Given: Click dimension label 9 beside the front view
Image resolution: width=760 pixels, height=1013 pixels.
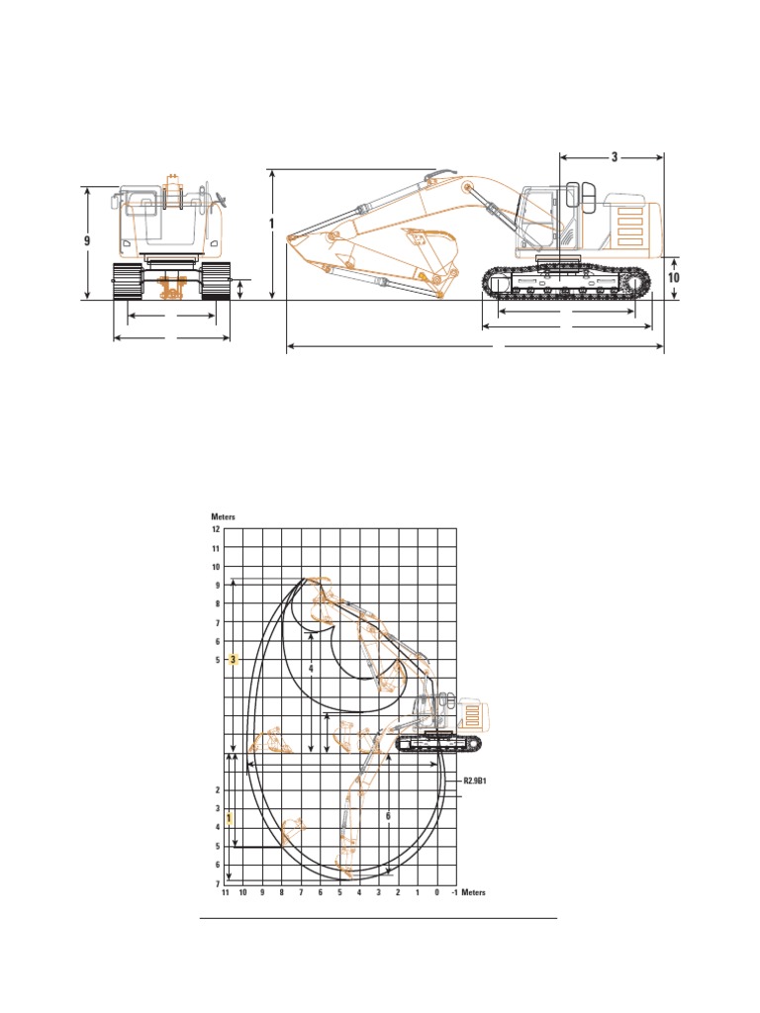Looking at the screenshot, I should (x=86, y=241).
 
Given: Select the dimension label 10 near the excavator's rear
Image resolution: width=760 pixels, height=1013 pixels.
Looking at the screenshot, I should (x=674, y=278).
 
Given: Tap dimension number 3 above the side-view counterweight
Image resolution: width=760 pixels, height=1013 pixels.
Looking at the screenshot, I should (x=614, y=156).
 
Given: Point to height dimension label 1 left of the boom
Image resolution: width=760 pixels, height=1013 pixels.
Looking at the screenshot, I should (x=271, y=224).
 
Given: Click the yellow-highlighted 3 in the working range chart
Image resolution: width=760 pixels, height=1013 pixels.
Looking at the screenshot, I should (x=233, y=659).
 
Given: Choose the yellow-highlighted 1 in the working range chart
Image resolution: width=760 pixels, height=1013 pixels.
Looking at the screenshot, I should (x=229, y=818).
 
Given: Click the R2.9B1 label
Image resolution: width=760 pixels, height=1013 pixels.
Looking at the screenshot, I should (x=476, y=781).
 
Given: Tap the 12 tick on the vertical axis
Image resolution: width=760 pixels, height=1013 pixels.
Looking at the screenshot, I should (x=216, y=529).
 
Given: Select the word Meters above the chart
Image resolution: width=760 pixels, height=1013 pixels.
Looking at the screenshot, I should (x=223, y=516).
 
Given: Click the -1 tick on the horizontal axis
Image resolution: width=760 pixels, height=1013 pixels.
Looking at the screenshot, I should (x=453, y=891).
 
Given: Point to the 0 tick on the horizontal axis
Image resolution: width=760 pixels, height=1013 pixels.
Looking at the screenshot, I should (x=436, y=891).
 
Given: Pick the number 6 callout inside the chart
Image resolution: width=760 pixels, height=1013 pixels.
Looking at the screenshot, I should (x=388, y=816).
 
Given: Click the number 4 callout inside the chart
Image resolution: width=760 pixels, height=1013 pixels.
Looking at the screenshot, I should (x=311, y=669).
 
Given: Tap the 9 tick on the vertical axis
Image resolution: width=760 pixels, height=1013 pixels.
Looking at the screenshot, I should (x=217, y=586).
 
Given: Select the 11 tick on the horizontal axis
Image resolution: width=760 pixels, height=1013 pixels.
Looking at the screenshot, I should (x=227, y=891).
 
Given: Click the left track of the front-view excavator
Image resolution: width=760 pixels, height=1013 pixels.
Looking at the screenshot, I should (x=128, y=281).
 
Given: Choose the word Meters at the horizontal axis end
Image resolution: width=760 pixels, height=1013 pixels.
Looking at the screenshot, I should (x=474, y=891).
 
